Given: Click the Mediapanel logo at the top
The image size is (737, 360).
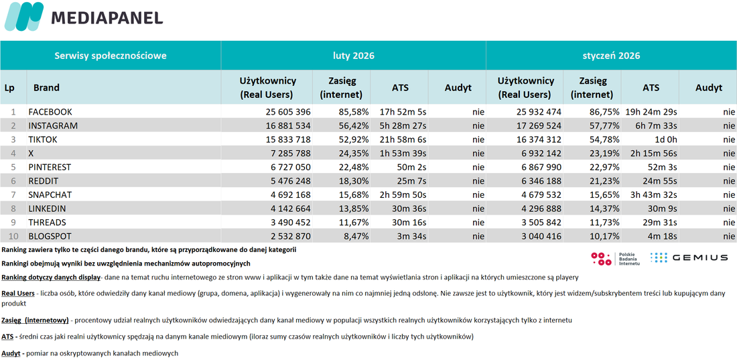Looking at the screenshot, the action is click(84, 17).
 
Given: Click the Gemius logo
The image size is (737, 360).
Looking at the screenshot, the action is click(689, 257).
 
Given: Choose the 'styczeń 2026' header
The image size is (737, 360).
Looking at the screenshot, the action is click(611, 56).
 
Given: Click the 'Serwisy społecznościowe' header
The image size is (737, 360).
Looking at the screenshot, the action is click(111, 56).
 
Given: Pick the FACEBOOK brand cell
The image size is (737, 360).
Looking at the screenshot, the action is click(50, 112).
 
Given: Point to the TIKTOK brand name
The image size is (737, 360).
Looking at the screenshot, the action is click(44, 139).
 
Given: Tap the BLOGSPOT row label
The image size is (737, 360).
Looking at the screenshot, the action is click(50, 236).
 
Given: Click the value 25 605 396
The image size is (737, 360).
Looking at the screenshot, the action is click(284, 112).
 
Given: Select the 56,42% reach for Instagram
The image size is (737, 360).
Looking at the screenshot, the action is click(352, 126).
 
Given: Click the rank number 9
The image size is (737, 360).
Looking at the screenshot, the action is click(13, 222).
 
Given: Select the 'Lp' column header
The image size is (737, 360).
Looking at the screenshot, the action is click(9, 88).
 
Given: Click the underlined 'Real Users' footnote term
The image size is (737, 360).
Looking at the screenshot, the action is click(18, 293).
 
